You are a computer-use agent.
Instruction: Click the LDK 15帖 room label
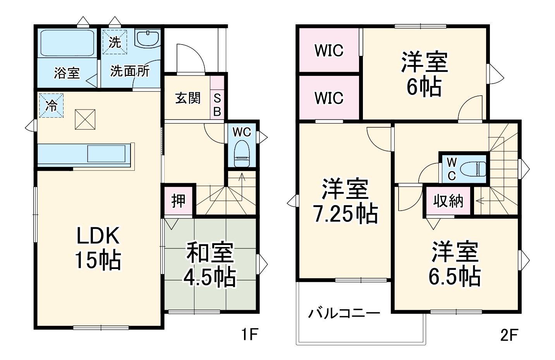(x=98, y=248)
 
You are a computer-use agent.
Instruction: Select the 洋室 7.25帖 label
(x=345, y=201)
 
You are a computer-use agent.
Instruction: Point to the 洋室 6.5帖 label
(x=455, y=264)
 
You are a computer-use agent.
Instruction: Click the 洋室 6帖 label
(x=424, y=74)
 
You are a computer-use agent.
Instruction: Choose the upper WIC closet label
(x=329, y=51)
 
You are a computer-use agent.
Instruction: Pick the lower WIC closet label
(x=329, y=98)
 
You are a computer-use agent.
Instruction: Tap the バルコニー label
(x=344, y=313)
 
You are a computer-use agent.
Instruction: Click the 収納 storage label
(x=448, y=201)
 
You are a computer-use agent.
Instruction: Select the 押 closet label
(x=178, y=201)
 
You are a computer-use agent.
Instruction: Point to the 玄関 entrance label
(x=188, y=98)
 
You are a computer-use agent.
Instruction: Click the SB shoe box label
(x=217, y=105)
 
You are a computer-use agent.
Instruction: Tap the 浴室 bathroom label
(x=67, y=73)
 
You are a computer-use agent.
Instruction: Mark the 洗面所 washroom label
(x=130, y=71)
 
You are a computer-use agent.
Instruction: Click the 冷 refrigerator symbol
(x=51, y=105)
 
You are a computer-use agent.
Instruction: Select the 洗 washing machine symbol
(x=115, y=42)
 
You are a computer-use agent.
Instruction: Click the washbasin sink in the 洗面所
(x=148, y=38)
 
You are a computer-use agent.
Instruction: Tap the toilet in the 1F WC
(x=242, y=153)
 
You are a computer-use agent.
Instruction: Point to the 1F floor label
(x=249, y=334)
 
